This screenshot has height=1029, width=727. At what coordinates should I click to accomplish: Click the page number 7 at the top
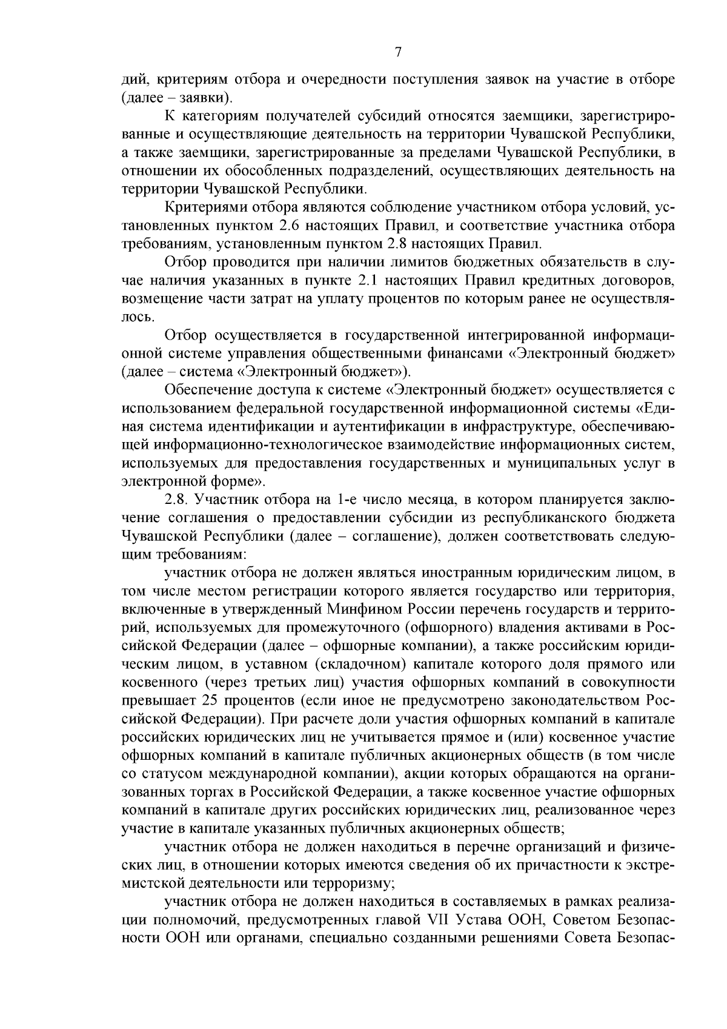pyautogui.click(x=398, y=52)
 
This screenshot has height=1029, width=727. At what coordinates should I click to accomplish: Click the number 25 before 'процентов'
pyautogui.click(x=207, y=701)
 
